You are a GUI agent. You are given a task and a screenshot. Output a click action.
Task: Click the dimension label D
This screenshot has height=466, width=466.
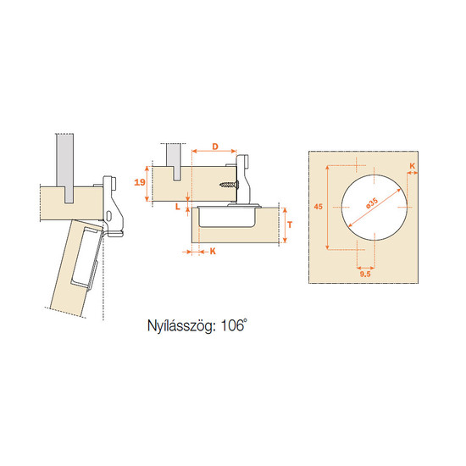pos(215,147)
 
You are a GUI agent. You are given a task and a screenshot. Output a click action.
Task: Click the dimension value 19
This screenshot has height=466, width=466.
pos(140,182)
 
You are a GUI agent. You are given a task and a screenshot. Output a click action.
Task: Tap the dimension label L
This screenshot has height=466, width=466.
pos(178,207)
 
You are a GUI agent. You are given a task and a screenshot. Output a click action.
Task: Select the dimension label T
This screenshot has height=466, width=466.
pos(290,225)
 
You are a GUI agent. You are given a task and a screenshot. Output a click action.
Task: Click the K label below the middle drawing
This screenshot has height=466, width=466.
pos(213,252)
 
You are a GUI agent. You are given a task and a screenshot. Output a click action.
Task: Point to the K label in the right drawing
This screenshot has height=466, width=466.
pos(413,166)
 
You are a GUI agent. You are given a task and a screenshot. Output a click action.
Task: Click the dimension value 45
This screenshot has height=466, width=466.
pos(318,206)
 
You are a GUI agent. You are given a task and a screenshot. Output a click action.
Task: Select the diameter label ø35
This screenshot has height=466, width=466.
pos(372,203)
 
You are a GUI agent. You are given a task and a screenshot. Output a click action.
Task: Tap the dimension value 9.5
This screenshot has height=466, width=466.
pos(365,274)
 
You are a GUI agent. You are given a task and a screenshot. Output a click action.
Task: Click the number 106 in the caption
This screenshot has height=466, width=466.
pos(232,326)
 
